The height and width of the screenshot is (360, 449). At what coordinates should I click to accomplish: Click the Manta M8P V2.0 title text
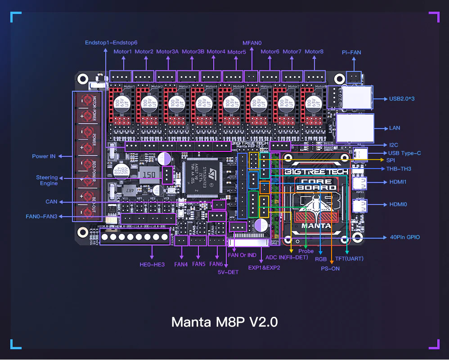tap(224, 322)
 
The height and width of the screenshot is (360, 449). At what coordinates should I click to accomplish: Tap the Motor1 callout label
tap(122, 52)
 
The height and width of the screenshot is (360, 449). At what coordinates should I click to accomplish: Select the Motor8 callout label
tap(314, 52)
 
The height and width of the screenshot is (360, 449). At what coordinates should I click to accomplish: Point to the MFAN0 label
tap(252, 43)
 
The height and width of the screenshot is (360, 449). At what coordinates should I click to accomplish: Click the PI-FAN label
tap(351, 53)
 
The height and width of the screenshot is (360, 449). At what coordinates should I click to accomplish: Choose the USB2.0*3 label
tap(401, 98)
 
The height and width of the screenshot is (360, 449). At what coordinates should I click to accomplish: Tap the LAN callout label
tap(395, 128)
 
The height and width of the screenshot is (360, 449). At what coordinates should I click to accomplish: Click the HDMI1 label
tap(398, 182)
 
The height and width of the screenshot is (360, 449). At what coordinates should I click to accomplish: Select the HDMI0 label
tap(398, 204)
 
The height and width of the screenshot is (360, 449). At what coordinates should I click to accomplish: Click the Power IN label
tap(44, 156)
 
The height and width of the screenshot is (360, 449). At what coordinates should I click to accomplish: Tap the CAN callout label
tap(51, 202)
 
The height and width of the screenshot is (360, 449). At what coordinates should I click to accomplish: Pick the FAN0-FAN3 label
tap(41, 217)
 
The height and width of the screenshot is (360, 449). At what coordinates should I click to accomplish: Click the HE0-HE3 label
tap(152, 264)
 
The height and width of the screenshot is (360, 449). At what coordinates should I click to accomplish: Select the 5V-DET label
tap(228, 272)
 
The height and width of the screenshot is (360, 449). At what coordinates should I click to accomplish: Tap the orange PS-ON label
tap(330, 268)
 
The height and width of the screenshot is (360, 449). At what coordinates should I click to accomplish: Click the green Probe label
tap(306, 251)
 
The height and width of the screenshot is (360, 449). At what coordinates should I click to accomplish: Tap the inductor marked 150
tap(149, 174)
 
